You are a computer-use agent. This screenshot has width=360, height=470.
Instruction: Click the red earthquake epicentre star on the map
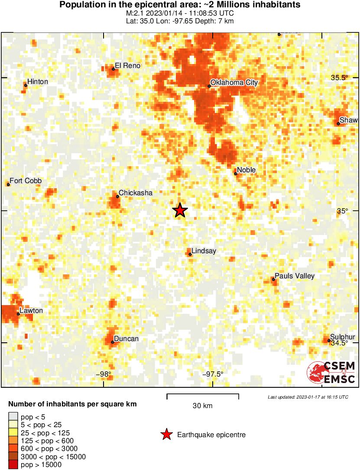[180, 210]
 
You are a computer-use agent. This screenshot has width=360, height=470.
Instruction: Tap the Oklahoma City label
[234, 82]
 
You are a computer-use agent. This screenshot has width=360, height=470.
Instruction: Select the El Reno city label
[128, 66]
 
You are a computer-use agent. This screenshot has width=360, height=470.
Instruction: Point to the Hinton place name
[38, 81]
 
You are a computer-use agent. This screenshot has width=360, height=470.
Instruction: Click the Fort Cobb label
[26, 181]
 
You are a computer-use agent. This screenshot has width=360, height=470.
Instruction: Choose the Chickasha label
[136, 193]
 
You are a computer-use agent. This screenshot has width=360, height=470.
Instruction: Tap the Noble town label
[246, 170]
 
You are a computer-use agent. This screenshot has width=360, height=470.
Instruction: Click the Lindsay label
[204, 251]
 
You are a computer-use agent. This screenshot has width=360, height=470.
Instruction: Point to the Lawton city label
[31, 311]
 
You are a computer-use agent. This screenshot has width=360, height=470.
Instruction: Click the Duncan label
[126, 338]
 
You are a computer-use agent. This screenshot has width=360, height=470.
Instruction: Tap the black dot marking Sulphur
[329, 341]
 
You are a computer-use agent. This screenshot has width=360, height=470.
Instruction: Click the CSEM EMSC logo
[331, 373]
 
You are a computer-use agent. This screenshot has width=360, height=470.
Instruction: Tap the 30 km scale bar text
[202, 406]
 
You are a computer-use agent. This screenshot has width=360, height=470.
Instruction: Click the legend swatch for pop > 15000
[13, 465]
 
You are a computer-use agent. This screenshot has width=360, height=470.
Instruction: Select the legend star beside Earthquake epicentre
[166, 435]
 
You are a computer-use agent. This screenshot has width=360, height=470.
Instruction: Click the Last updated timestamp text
[308, 397]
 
